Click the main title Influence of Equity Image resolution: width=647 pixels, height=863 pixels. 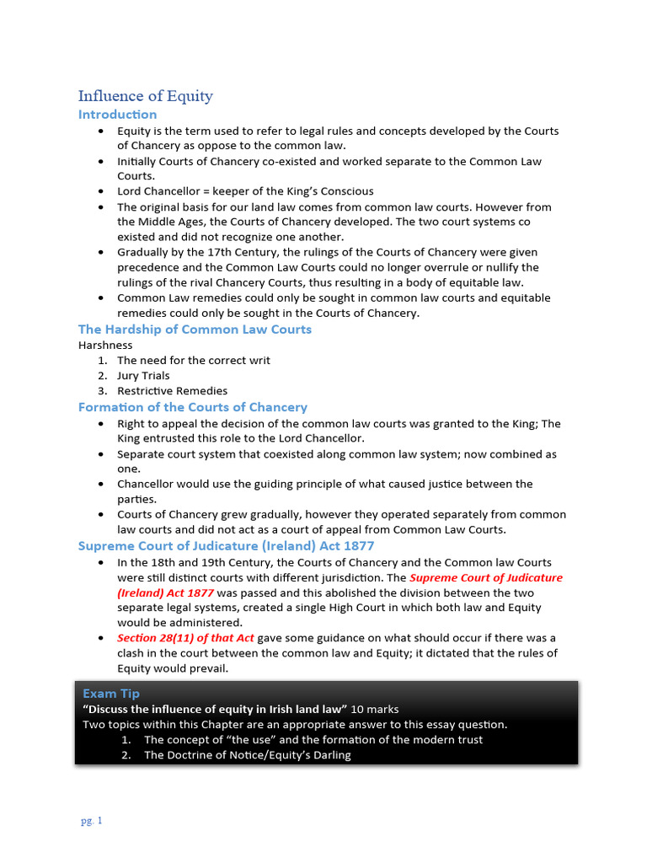tap(145, 95)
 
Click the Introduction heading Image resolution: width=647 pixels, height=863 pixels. tap(117, 115)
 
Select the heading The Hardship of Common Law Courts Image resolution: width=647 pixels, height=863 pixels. tap(195, 329)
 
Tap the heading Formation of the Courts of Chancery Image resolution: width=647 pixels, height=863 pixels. tap(193, 407)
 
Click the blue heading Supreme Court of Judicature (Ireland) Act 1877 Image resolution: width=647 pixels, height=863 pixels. tap(226, 545)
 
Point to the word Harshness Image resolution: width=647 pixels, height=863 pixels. tap(105, 345)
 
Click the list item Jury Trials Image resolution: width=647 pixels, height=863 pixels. tap(143, 376)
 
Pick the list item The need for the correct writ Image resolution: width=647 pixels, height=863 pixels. tap(194, 361)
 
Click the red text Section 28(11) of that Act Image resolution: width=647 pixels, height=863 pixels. tap(185, 638)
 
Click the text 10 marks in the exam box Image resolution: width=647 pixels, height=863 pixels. tap(375, 709)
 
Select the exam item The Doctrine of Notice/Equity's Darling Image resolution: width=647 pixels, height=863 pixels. tap(247, 755)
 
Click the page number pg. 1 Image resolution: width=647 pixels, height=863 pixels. tap(90, 821)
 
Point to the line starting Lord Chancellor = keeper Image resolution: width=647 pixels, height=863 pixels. tap(245, 191)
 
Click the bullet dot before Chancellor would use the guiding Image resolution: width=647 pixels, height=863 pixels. tap(101, 485)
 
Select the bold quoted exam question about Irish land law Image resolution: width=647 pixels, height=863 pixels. tap(215, 709)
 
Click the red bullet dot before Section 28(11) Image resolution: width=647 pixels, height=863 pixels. tap(101, 638)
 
